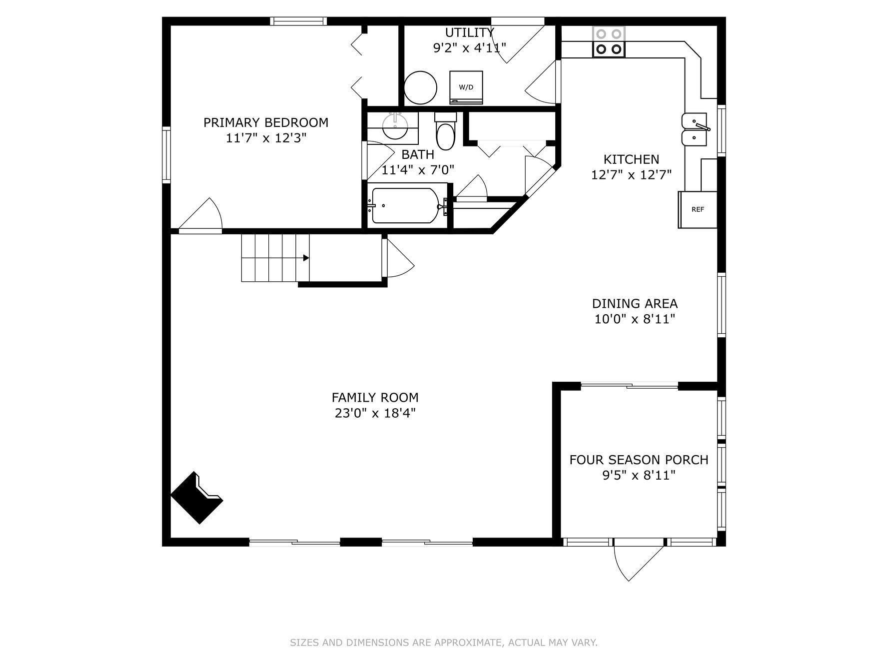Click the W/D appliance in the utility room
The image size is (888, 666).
[x=466, y=87]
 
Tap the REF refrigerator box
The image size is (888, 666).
[x=698, y=210]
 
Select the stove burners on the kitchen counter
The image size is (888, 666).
[x=609, y=41]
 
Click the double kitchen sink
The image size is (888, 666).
[x=695, y=129]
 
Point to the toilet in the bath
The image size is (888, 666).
[x=445, y=131]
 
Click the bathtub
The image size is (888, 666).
[x=405, y=206]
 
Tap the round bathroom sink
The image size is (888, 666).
[x=395, y=126]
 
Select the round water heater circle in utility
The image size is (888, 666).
[x=420, y=87]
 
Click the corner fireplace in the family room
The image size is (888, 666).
[x=197, y=498]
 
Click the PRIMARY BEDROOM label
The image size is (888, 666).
[x=266, y=122]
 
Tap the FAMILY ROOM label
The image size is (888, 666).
[x=375, y=397]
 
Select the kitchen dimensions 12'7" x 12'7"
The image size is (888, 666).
[x=631, y=175]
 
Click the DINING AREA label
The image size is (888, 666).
[x=635, y=303]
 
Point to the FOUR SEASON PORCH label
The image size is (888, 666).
[x=639, y=460]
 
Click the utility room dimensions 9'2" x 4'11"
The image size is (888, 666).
[x=469, y=48]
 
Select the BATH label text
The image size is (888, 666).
[x=418, y=154]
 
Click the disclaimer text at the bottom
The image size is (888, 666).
[x=444, y=643]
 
